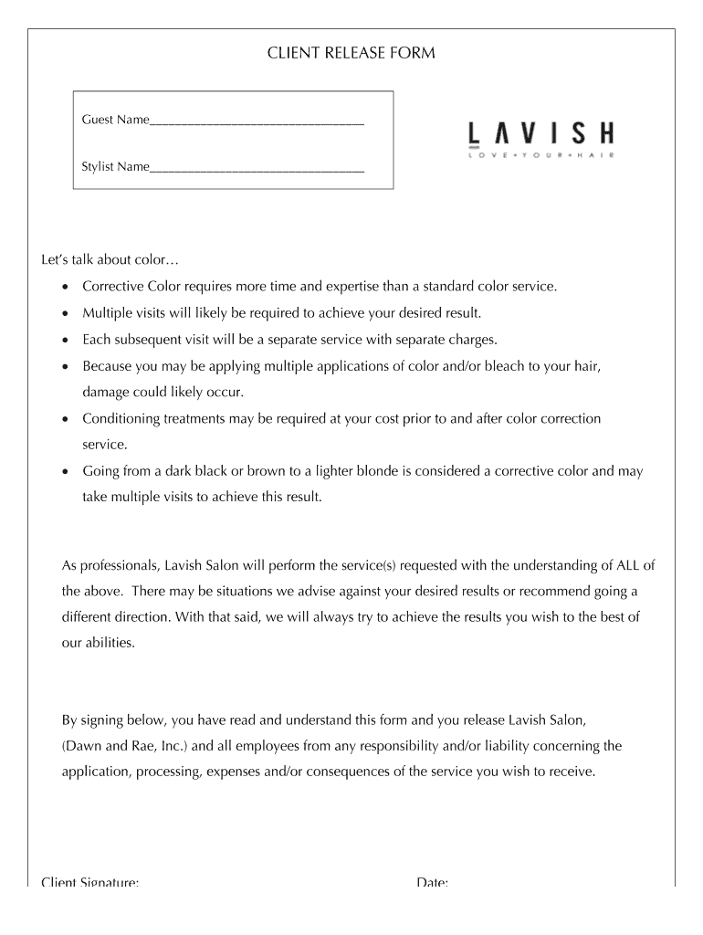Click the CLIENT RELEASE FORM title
coord(351,53)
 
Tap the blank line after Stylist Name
coord(257,169)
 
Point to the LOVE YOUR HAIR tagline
coord(540,156)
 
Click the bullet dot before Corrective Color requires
coord(64,287)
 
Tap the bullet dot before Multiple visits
coord(64,313)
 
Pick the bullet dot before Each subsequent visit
coord(64,340)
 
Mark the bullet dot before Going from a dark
coord(64,472)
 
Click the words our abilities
coord(98,642)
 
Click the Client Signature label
coord(90,882)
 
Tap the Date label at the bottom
coord(432,882)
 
